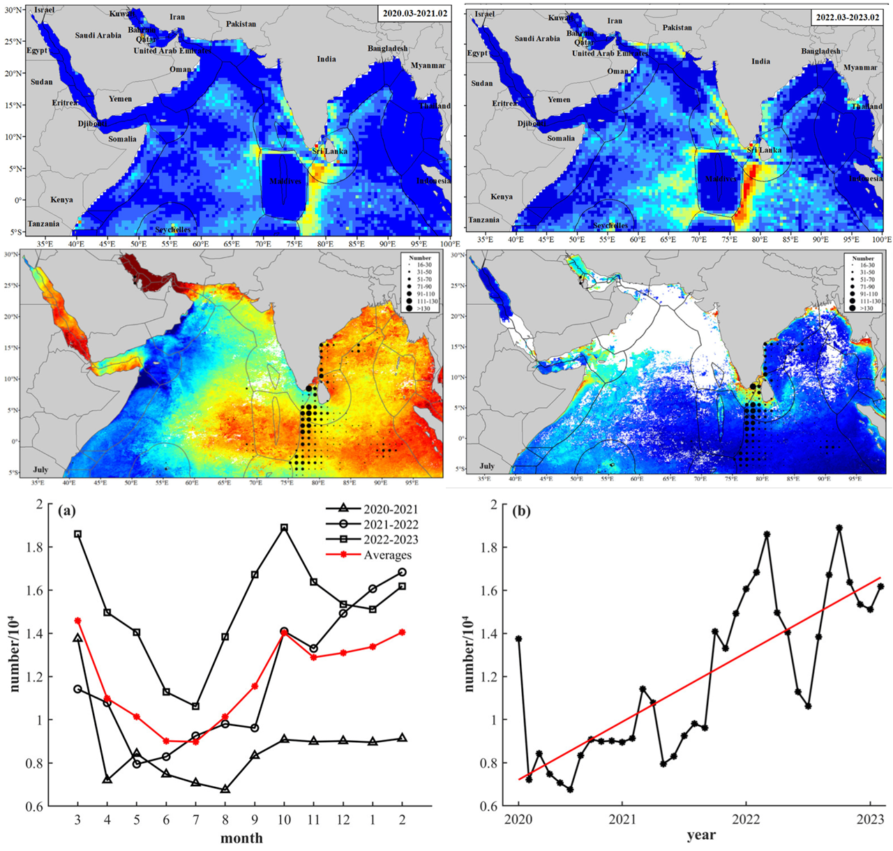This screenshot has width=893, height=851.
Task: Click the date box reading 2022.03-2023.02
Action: (x=846, y=16)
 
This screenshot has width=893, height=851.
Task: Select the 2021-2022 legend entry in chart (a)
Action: (x=391, y=525)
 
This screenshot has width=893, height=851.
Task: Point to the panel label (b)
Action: (x=521, y=511)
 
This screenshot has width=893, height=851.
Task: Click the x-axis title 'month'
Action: (x=243, y=838)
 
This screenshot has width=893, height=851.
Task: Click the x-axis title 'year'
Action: (x=700, y=834)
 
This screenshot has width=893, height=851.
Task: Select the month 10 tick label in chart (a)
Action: (x=284, y=818)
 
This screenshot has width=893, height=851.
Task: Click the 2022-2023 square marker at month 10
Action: (x=284, y=528)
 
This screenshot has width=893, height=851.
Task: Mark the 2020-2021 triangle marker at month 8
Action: (x=225, y=789)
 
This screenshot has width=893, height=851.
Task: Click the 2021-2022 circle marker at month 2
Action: (x=403, y=572)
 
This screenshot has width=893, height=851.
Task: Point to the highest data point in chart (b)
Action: (x=839, y=528)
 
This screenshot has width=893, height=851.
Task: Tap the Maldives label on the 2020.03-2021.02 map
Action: (x=286, y=181)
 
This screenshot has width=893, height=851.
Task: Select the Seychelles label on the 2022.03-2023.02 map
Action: (x=611, y=225)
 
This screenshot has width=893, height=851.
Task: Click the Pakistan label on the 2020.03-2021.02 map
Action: (x=241, y=24)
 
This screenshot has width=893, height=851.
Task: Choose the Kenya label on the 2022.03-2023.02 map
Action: (x=502, y=197)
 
